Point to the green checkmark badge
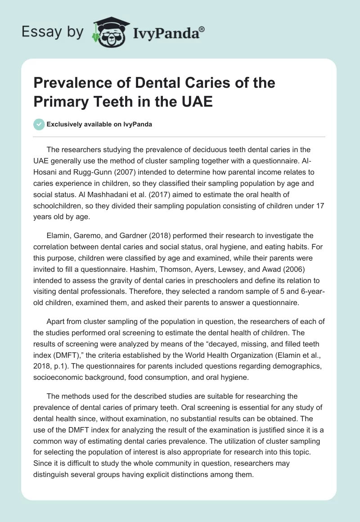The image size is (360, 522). point(39,124)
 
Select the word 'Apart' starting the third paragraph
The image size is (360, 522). point(56,322)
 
